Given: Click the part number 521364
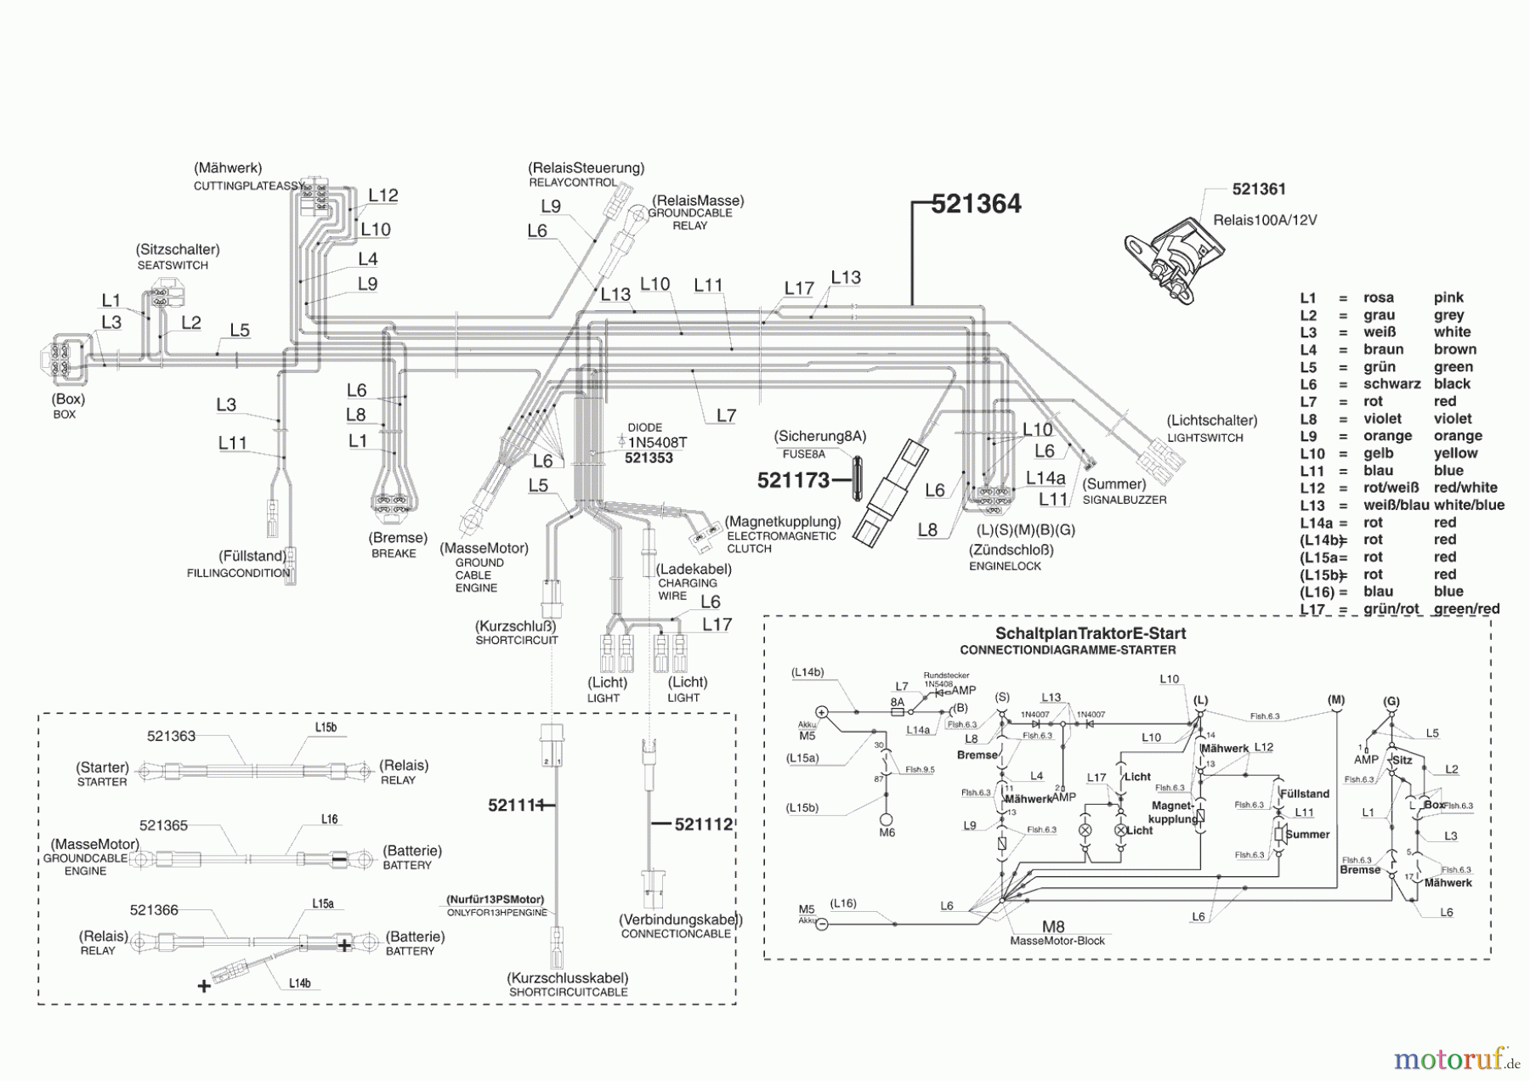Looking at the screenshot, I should click(x=976, y=204).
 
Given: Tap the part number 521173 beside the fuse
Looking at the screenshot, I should click(x=793, y=481).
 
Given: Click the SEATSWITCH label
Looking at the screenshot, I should click(x=173, y=265).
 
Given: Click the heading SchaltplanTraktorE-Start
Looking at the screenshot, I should click(x=1091, y=634).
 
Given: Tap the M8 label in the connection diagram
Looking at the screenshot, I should click(x=1053, y=927).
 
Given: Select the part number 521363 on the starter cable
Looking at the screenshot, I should click(x=171, y=736).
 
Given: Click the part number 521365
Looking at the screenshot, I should click(x=164, y=825).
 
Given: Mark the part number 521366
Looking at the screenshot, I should click(x=154, y=910).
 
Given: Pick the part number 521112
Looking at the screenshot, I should click(x=703, y=824).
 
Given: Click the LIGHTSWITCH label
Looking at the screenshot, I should click(x=1204, y=438).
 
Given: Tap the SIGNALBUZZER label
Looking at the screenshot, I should click(x=1124, y=500).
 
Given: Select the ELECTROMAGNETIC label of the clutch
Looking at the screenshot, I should click(x=781, y=536).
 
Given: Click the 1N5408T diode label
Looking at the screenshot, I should click(x=657, y=443).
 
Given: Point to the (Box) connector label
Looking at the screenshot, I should click(x=68, y=399).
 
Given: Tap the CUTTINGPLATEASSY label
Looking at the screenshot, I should click(x=249, y=185).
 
